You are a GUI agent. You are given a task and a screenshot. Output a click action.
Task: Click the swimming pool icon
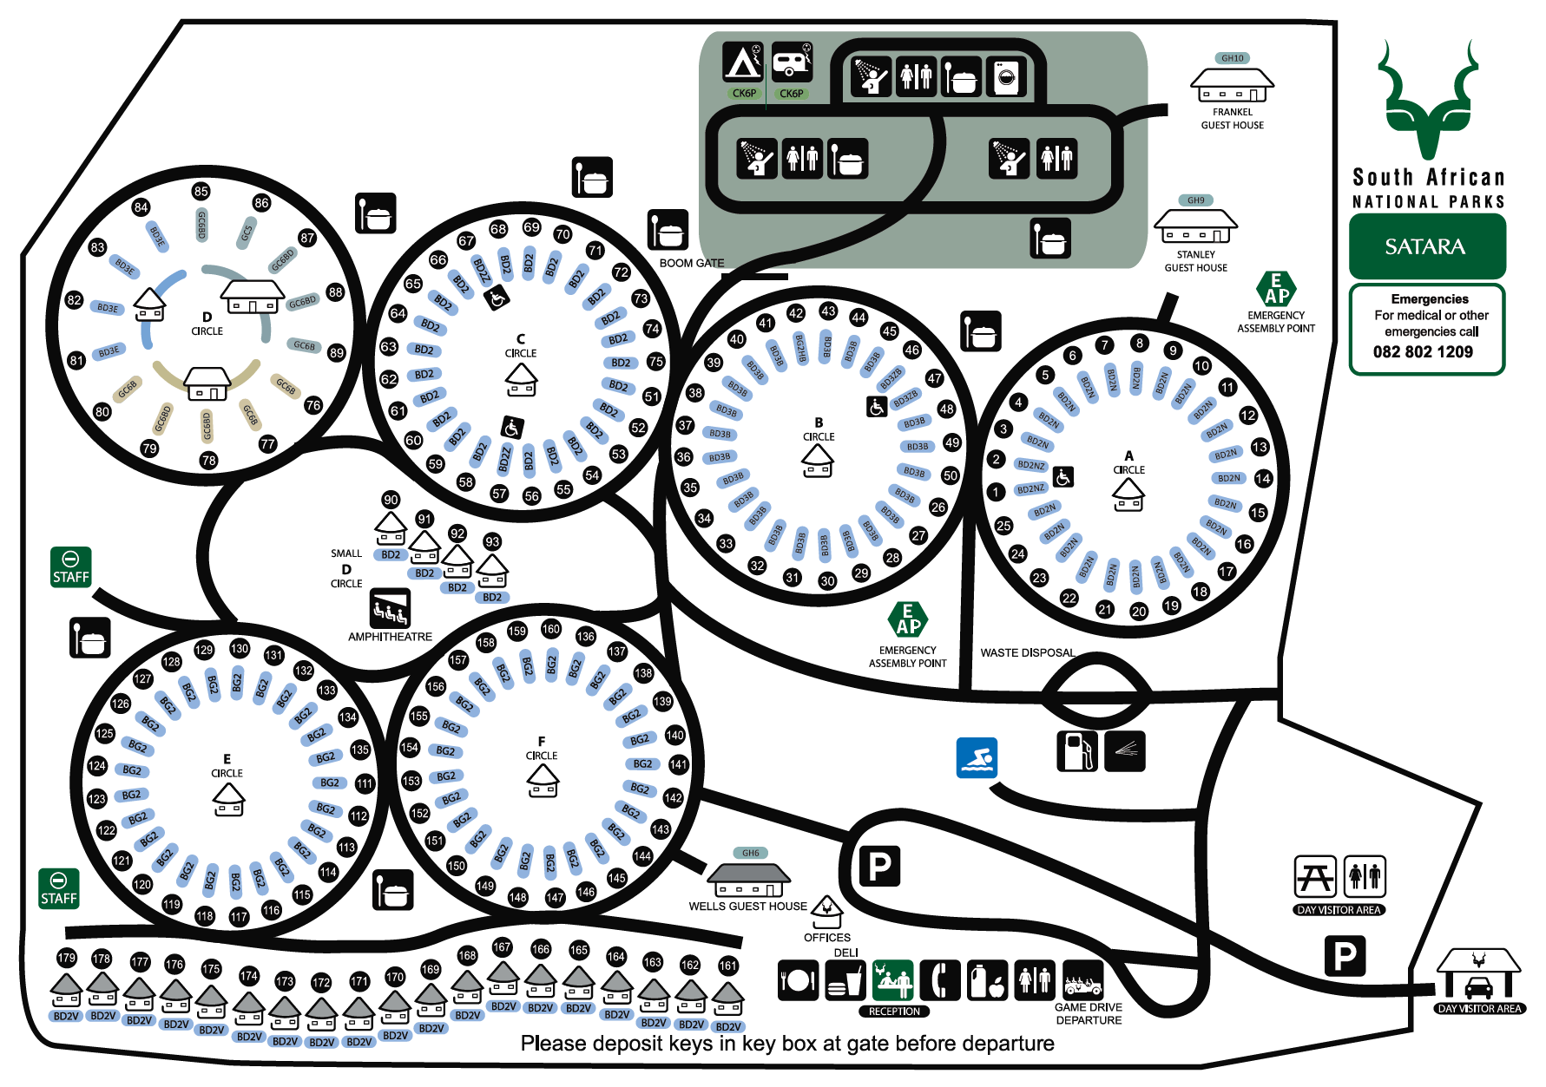977,757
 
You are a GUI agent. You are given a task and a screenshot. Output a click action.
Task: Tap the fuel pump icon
1076,750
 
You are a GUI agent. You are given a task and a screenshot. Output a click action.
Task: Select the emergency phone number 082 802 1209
1423,352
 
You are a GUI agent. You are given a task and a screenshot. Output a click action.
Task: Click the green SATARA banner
1426,246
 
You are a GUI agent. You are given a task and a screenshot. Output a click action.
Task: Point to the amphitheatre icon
390,608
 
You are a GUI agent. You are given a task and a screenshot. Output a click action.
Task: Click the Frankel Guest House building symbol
1232,85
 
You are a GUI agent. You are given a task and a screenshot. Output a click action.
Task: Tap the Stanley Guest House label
1195,261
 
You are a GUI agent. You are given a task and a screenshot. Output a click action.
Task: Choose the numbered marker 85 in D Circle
201,191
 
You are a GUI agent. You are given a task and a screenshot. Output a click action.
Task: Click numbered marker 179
67,958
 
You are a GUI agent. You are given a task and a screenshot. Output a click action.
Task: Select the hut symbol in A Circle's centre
1128,494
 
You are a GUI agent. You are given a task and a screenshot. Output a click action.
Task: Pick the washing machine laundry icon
1006,78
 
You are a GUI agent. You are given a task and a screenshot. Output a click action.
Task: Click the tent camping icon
743,62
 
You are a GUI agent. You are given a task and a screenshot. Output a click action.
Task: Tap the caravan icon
791,62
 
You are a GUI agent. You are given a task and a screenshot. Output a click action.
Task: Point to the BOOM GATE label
691,263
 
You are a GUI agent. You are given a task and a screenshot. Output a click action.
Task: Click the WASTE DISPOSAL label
1027,652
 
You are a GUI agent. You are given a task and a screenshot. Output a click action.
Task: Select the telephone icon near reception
940,980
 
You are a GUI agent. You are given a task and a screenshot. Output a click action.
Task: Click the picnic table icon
1315,877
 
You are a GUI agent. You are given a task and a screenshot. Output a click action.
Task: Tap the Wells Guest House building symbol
749,880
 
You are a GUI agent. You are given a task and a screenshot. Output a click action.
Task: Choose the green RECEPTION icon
893,980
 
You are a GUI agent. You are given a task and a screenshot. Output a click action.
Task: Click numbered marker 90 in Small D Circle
391,500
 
